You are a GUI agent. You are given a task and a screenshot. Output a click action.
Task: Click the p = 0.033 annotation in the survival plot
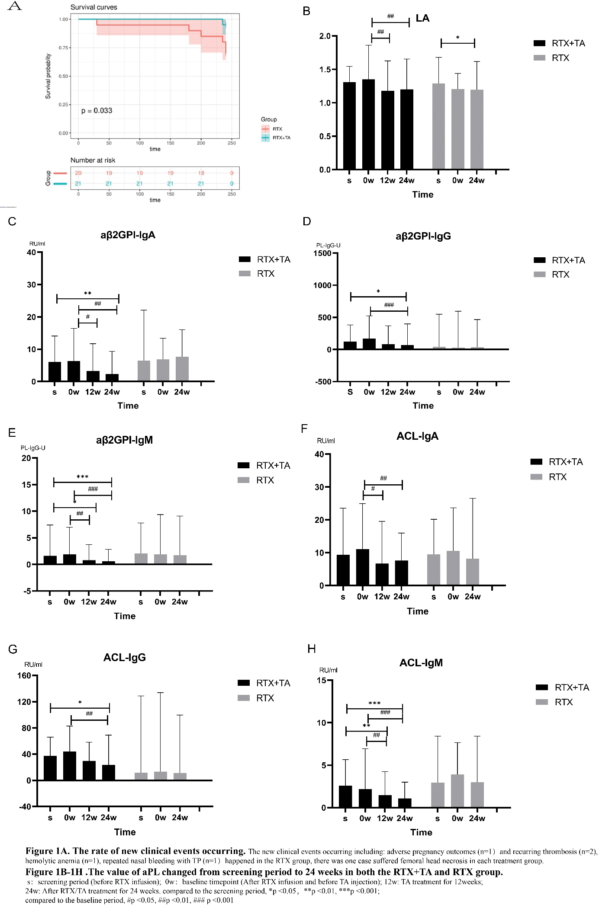click(x=97, y=111)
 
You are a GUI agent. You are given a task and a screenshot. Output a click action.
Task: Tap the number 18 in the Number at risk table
click(x=201, y=173)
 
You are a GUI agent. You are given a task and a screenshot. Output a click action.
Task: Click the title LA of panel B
click(x=422, y=18)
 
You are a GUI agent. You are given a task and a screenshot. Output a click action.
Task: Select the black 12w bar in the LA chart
click(x=387, y=130)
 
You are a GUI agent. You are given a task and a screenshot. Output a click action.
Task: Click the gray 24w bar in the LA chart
click(x=477, y=129)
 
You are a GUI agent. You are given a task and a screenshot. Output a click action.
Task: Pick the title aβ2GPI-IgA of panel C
click(x=128, y=235)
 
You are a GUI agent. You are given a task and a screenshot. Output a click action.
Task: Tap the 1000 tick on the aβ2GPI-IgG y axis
click(x=322, y=285)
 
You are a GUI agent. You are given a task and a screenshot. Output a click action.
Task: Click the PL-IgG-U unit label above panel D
click(x=328, y=245)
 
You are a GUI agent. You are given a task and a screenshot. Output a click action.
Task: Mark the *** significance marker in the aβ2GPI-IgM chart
click(x=82, y=476)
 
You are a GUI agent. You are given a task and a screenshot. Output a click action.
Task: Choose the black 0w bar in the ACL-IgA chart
click(x=362, y=567)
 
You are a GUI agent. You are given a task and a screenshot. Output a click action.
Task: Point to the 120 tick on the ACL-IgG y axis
click(x=24, y=702)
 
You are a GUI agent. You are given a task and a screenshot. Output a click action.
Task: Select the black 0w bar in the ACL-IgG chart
click(x=70, y=766)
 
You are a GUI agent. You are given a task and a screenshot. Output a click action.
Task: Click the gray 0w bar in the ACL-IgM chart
click(x=457, y=791)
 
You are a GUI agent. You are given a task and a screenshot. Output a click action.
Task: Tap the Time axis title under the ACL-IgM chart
click(x=421, y=832)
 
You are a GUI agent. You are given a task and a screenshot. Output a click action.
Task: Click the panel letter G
click(x=13, y=649)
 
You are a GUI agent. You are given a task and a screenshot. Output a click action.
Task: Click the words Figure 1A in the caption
click(x=48, y=851)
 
